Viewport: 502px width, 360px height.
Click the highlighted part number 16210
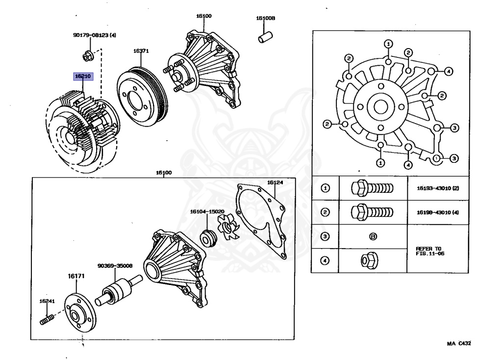[x=82, y=77]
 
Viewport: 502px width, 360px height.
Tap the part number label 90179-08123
[x=95, y=35]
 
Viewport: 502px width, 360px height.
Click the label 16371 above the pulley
[x=141, y=51]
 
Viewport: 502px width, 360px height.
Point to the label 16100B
[x=266, y=18]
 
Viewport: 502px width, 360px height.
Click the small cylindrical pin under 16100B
[x=265, y=37]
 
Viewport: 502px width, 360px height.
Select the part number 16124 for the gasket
[x=275, y=182]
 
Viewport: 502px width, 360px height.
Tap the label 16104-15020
[x=207, y=211]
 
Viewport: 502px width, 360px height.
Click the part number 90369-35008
[x=114, y=266]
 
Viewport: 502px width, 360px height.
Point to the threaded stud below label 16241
[x=46, y=321]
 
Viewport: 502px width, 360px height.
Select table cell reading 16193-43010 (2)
[x=438, y=188]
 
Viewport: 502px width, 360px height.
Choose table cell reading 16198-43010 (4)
[x=438, y=212]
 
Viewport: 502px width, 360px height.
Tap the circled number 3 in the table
[x=325, y=236]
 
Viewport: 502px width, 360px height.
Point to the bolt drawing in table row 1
[x=372, y=188]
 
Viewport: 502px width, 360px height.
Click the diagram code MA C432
[x=458, y=344]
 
